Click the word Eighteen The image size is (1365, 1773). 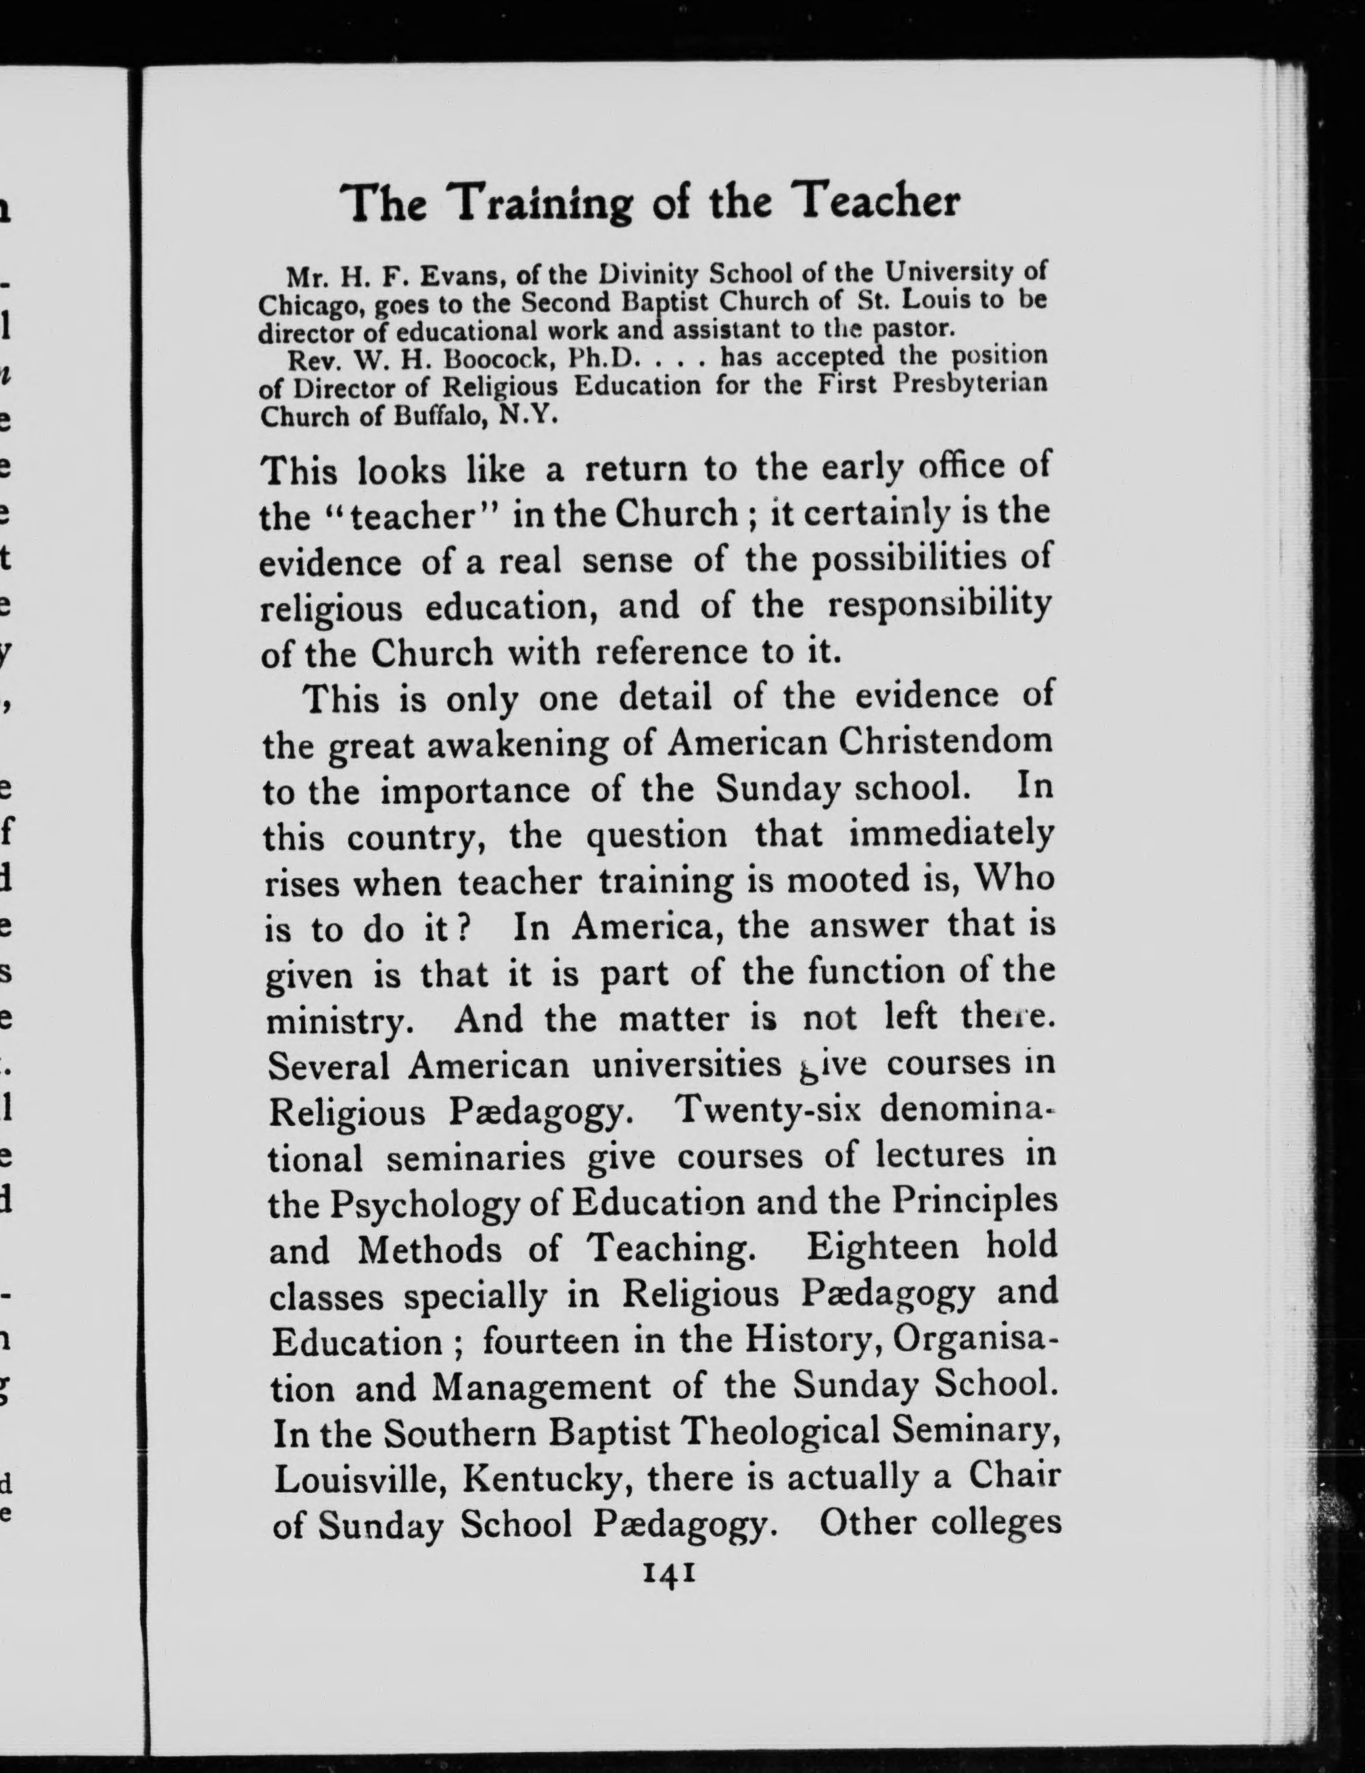882,1246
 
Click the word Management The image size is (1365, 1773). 540,1386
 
